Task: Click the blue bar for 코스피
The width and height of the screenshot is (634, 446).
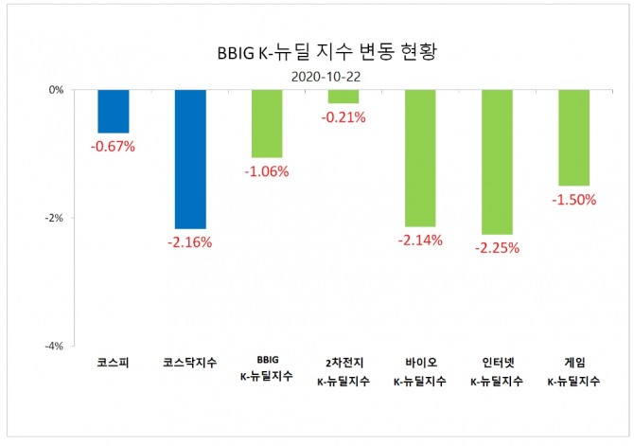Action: [x=114, y=111]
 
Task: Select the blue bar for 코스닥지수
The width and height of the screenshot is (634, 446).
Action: [x=190, y=159]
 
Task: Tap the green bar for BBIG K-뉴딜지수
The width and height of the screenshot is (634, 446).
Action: [x=268, y=123]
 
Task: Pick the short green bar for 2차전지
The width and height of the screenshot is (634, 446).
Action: [x=343, y=97]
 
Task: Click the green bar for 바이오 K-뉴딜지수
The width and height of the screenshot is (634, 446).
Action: [x=420, y=158]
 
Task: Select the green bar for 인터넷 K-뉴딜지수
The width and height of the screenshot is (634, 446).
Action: [x=497, y=162]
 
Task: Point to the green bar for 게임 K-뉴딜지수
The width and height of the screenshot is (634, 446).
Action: [x=574, y=137]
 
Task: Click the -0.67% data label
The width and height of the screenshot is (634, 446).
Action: [x=114, y=147]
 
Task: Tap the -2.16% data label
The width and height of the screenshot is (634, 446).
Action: [x=190, y=242]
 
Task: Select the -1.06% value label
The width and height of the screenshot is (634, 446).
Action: [x=268, y=171]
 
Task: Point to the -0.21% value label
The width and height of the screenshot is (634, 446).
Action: [x=343, y=117]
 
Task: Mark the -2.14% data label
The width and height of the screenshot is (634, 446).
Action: [x=420, y=241]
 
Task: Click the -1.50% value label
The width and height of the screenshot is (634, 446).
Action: [x=574, y=200]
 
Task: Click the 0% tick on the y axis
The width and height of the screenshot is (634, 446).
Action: [x=56, y=90]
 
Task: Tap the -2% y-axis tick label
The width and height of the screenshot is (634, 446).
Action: [x=53, y=218]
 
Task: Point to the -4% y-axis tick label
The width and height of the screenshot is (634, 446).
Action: [x=53, y=346]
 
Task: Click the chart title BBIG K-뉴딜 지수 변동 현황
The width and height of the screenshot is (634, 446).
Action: [x=316, y=53]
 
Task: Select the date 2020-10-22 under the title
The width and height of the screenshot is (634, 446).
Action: [x=316, y=75]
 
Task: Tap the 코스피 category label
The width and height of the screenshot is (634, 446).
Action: [x=114, y=363]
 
